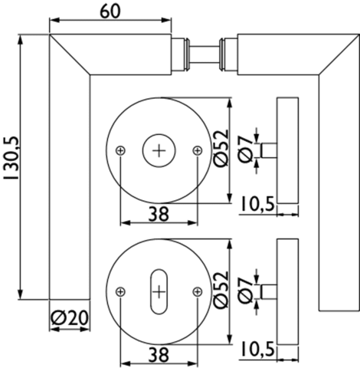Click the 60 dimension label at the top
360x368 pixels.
[110, 11]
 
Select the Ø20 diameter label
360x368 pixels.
[70, 317]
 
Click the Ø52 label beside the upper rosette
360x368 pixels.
[221, 149]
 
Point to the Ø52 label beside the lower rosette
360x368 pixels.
[221, 289]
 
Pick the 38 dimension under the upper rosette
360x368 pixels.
[159, 214]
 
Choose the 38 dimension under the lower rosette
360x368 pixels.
[159, 355]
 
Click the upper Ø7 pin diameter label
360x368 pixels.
[245, 150]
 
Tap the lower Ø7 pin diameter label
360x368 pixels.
[245, 291]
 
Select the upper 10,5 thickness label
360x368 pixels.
[258, 204]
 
